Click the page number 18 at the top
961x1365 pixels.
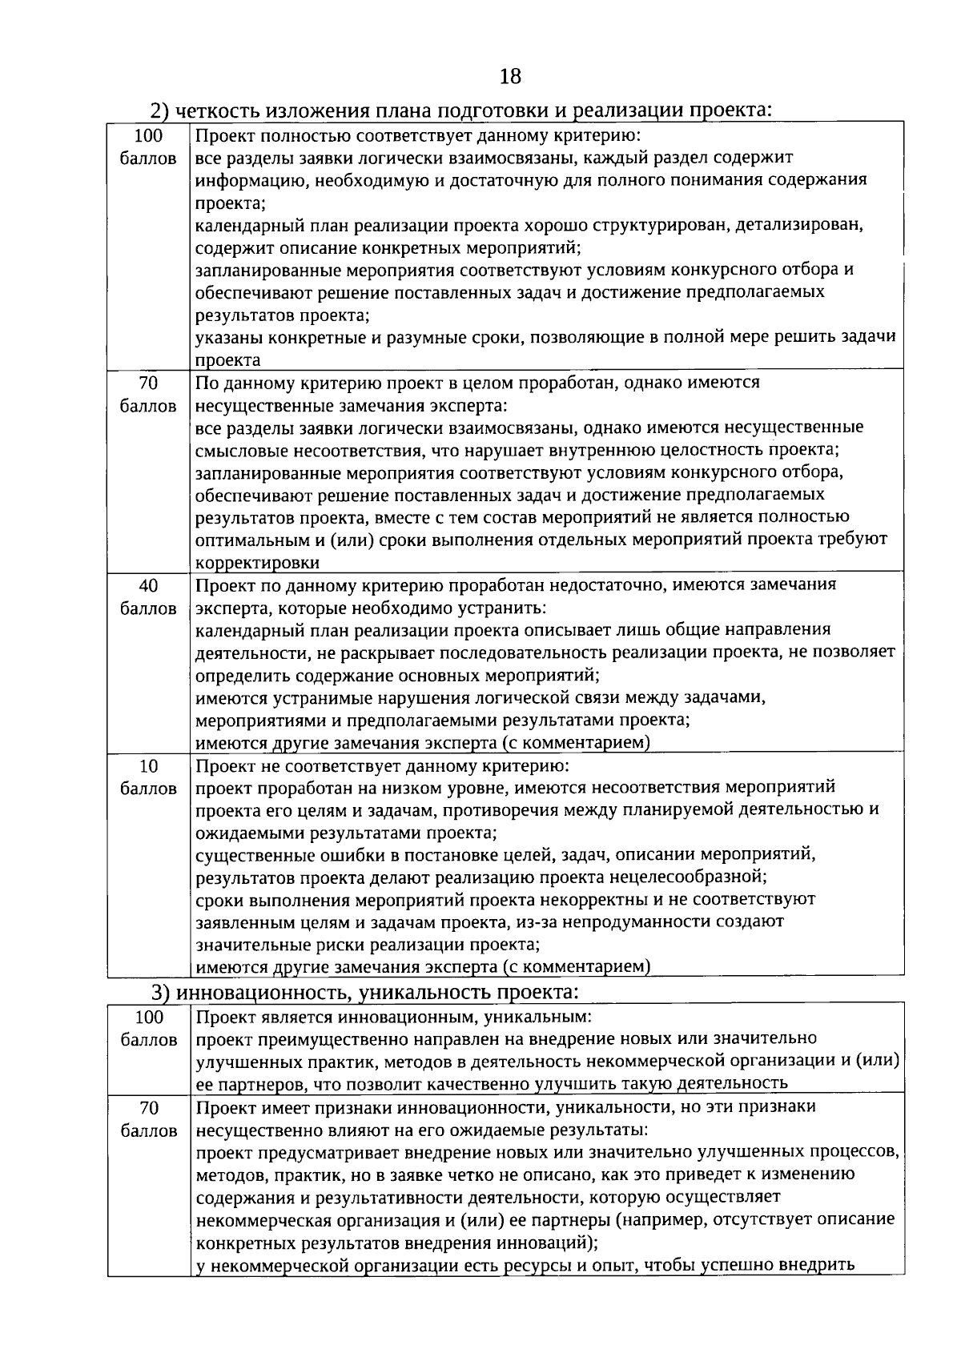tap(509, 76)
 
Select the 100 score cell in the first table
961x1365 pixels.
tap(148, 147)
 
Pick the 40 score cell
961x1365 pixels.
tap(148, 596)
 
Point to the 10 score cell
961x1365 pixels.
tap(148, 777)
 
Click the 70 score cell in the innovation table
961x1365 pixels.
tap(148, 1119)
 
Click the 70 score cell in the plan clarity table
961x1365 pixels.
tap(148, 394)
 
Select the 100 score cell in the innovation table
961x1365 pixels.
tap(148, 1029)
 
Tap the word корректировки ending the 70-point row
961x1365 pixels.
tap(257, 563)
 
